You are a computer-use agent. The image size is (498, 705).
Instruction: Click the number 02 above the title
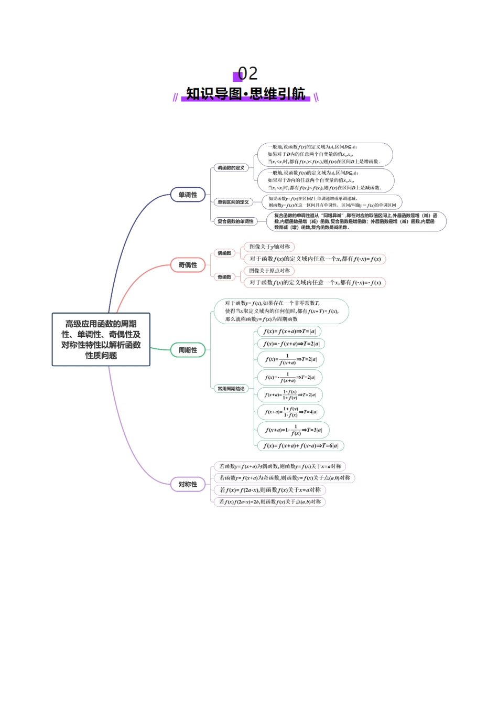(247, 73)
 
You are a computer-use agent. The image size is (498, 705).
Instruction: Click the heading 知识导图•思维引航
(246, 94)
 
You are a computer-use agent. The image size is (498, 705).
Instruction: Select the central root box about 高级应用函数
(101, 339)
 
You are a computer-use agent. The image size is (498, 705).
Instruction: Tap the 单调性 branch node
(188, 195)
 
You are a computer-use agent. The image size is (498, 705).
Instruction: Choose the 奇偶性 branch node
(188, 265)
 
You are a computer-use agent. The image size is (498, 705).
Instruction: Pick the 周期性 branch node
(188, 350)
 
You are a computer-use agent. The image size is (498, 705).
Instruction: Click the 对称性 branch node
(188, 484)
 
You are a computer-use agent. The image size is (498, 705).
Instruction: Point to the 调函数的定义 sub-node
(231, 168)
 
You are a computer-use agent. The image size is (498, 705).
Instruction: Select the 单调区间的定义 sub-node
(233, 202)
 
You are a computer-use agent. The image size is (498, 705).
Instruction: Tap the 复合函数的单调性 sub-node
(235, 221)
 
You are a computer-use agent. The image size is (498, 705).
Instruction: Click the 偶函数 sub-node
(224, 253)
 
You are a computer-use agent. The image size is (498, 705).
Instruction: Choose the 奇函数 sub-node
(224, 276)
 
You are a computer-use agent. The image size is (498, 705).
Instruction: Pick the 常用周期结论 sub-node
(231, 389)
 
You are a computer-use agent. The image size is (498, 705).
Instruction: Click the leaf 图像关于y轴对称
(269, 247)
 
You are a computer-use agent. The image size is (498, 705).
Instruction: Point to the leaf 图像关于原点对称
(269, 271)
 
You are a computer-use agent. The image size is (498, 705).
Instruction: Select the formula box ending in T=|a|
(289, 332)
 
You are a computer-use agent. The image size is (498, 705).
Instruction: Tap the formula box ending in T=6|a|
(301, 446)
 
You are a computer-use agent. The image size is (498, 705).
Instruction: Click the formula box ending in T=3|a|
(294, 430)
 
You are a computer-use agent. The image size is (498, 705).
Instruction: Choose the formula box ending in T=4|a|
(291, 412)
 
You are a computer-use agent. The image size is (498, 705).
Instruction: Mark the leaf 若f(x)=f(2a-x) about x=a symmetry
(270, 490)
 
